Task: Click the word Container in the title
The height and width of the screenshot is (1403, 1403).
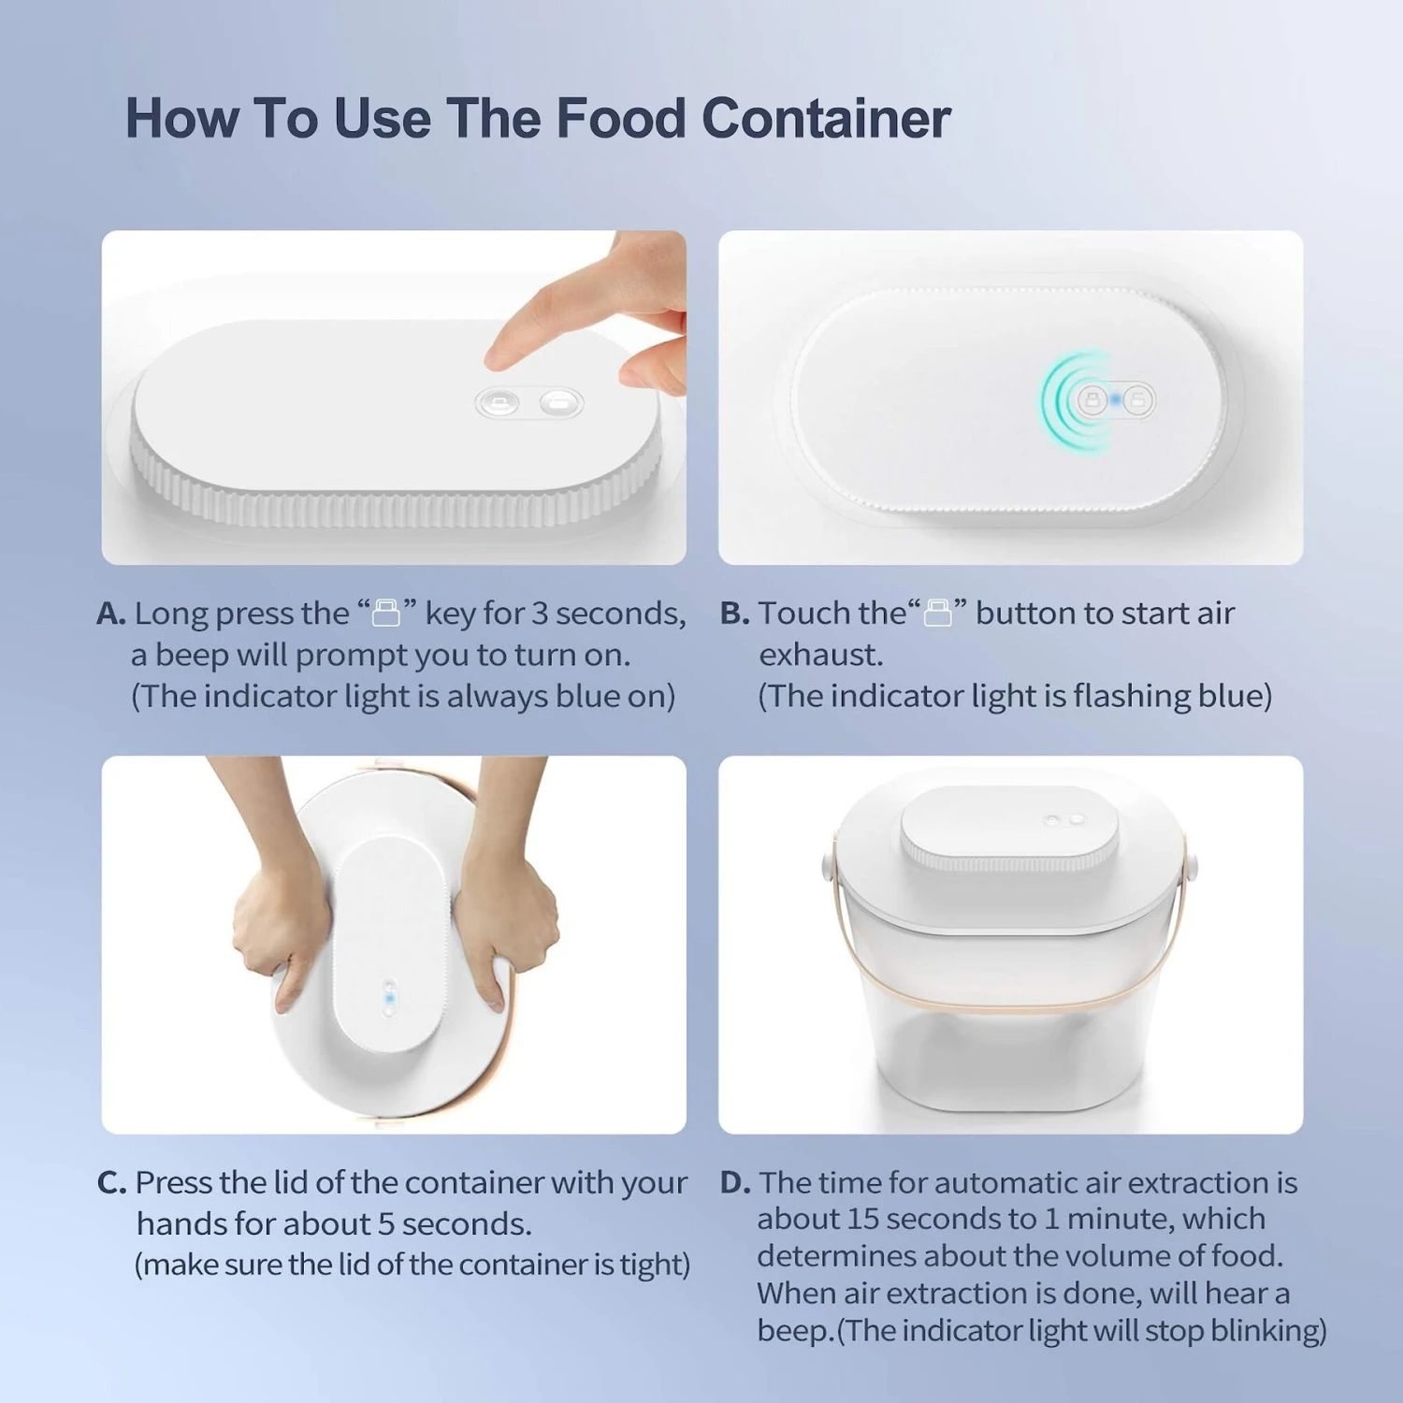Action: tap(826, 119)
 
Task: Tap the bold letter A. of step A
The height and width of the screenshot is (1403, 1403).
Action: tap(110, 615)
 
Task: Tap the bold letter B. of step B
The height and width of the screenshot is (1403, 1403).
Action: tap(734, 615)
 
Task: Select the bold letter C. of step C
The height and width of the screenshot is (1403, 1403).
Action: tap(111, 1183)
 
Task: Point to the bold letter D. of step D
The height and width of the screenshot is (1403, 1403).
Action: tap(735, 1183)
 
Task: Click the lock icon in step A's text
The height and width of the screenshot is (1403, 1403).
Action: tap(386, 614)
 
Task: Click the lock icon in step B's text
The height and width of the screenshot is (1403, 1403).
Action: tap(938, 614)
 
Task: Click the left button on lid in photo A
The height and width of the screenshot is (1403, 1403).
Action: tap(499, 403)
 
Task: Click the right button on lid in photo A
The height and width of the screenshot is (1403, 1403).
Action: tap(560, 403)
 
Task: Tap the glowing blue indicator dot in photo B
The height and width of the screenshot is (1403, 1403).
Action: tap(1116, 400)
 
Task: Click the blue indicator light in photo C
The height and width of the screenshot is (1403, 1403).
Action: tap(390, 999)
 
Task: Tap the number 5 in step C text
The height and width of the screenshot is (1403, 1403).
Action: tap(385, 1224)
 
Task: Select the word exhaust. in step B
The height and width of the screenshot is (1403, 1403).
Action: tap(820, 656)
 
